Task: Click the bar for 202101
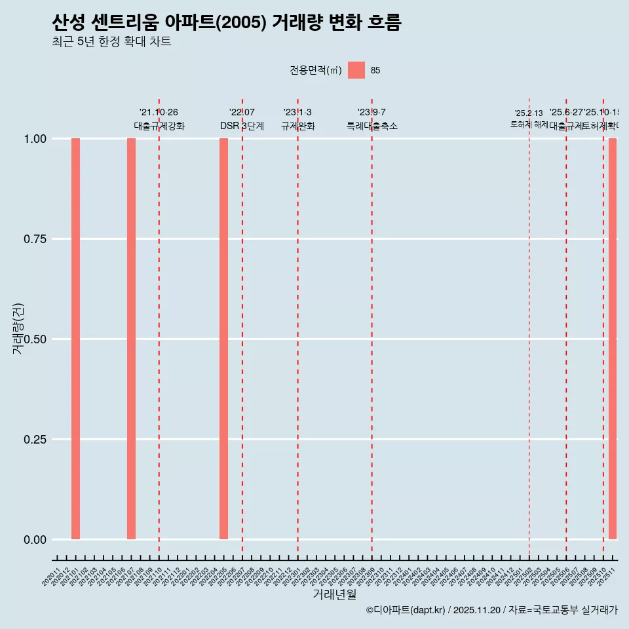click(75, 339)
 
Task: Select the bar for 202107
click(131, 339)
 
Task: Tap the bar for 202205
click(223, 339)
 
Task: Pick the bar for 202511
click(613, 339)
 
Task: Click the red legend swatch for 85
click(356, 70)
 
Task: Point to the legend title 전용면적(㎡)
click(316, 70)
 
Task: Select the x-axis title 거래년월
click(334, 595)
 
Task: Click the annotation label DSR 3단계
click(242, 126)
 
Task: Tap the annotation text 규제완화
click(298, 126)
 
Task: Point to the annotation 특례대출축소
click(372, 126)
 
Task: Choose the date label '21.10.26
click(159, 112)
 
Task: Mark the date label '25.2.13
click(529, 113)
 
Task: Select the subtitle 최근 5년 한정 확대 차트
click(111, 42)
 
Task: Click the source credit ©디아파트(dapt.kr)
click(406, 610)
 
